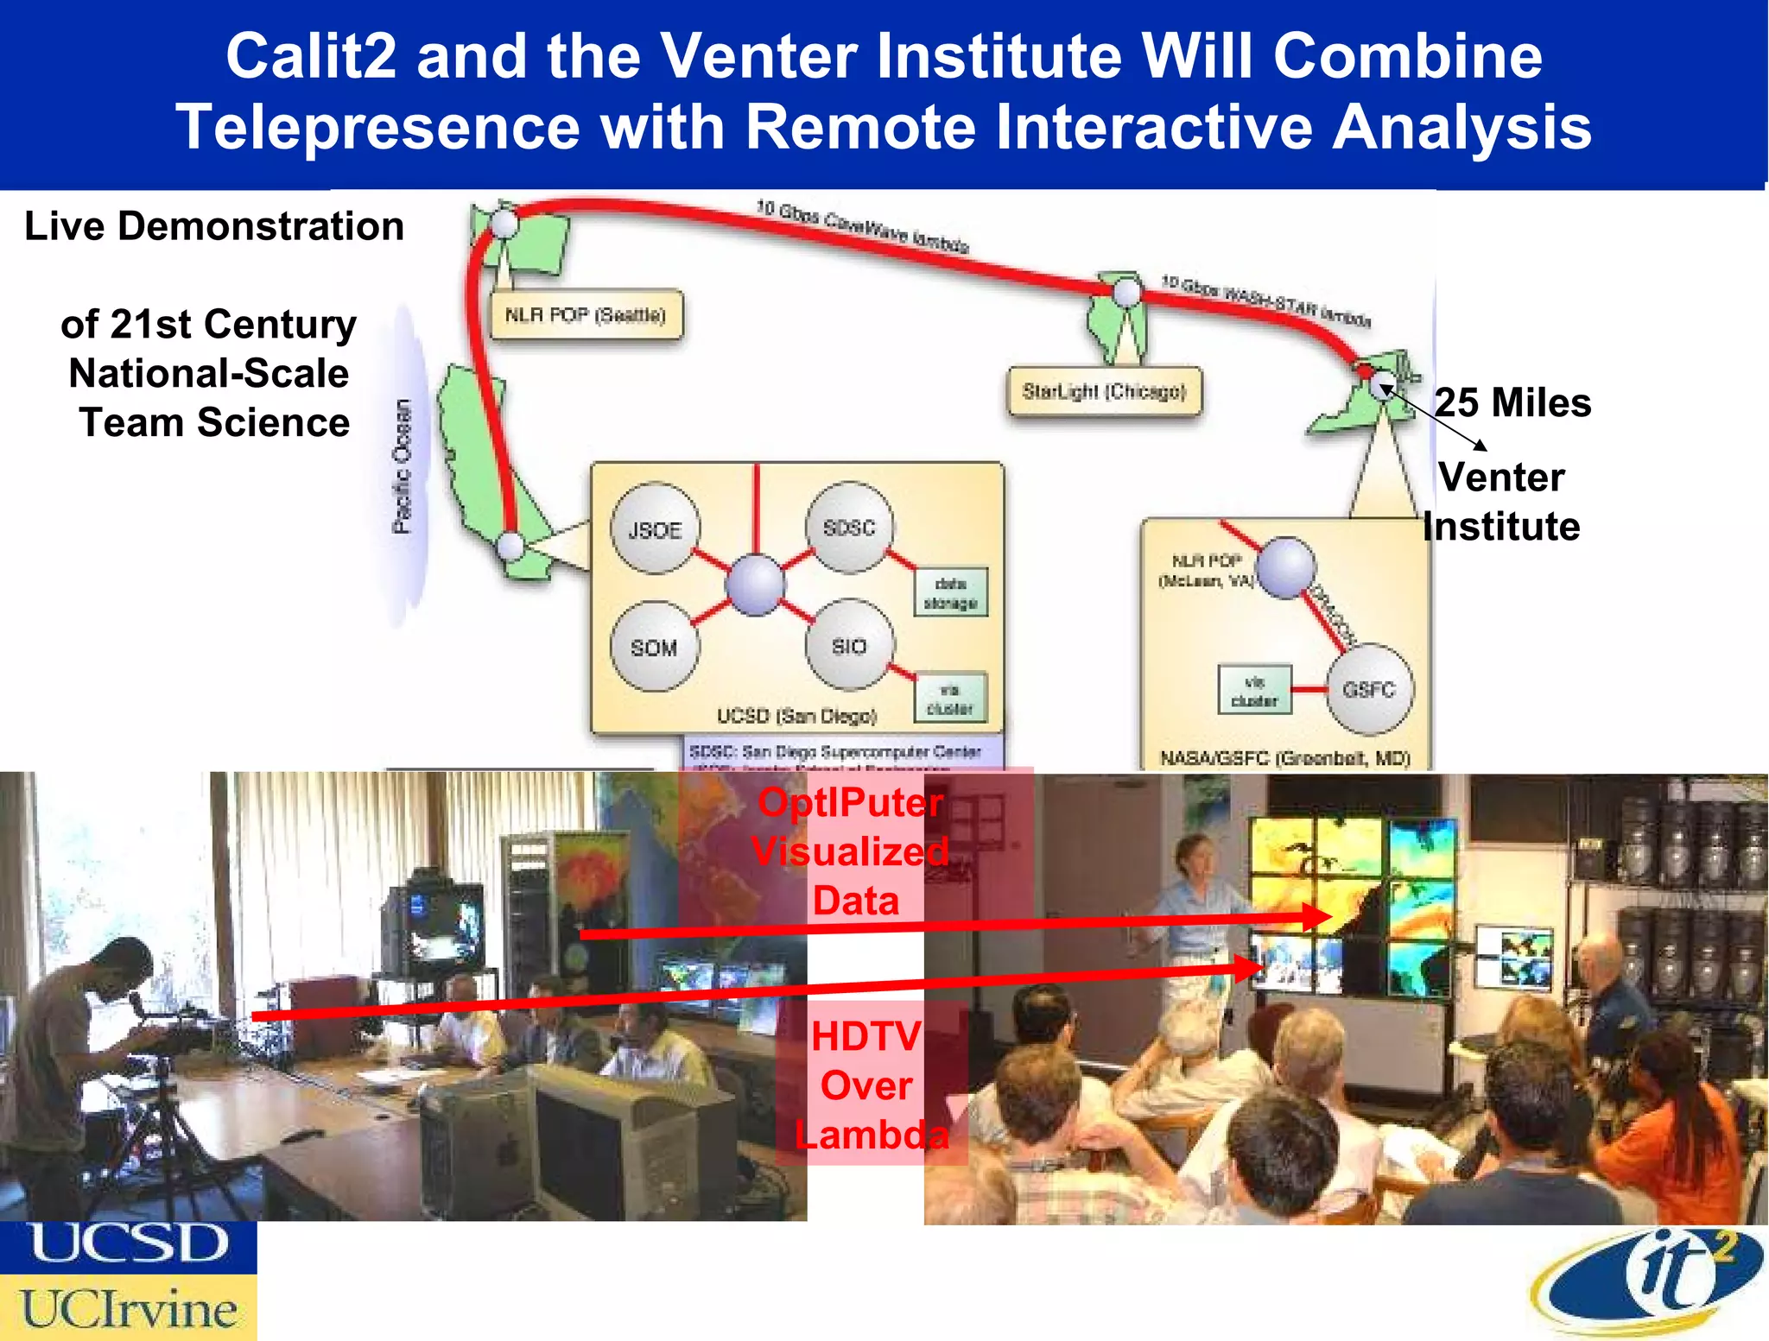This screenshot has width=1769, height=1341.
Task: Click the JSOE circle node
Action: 655,528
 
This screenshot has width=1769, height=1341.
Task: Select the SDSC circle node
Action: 849,527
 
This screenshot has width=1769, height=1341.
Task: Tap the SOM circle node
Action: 654,647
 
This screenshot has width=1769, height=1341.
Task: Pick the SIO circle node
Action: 849,646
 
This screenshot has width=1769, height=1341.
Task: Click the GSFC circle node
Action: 1369,688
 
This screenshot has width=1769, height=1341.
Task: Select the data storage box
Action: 950,592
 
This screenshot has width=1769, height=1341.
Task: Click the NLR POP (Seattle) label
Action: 585,314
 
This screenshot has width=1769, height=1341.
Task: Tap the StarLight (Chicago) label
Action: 1104,391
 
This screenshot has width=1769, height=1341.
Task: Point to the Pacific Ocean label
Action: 402,466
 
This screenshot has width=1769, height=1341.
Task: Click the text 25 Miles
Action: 1512,402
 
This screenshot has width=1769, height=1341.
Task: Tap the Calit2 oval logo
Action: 1650,1282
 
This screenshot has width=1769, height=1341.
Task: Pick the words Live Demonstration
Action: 214,226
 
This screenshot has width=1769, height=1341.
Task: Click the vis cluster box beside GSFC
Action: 1254,690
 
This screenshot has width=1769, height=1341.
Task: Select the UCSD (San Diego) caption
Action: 796,716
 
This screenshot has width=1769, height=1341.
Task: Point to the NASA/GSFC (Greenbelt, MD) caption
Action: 1284,758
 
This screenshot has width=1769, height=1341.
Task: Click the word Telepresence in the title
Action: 377,127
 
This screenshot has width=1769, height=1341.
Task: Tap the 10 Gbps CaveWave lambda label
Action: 862,226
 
